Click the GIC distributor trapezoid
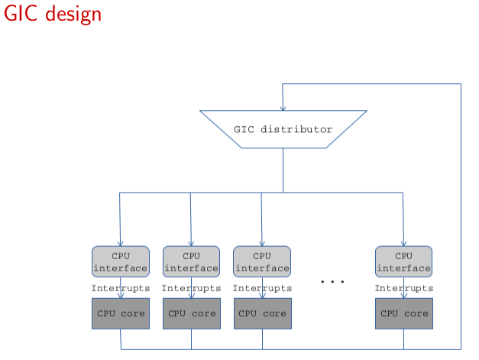pyautogui.click(x=283, y=129)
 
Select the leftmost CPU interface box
pyautogui.click(x=120, y=261)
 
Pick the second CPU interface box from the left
pyautogui.click(x=191, y=261)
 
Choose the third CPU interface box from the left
pyautogui.click(x=262, y=261)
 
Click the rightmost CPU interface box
pyautogui.click(x=403, y=261)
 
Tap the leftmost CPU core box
pyautogui.click(x=120, y=313)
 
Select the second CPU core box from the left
pyautogui.click(x=191, y=313)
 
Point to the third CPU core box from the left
pyautogui.click(x=262, y=313)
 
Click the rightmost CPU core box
pyautogui.click(x=404, y=313)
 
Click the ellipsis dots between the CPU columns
pyautogui.click(x=333, y=282)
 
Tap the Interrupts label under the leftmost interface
pyautogui.click(x=120, y=288)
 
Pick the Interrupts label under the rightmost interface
pyautogui.click(x=403, y=288)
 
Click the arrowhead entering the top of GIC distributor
pyautogui.click(x=283, y=107)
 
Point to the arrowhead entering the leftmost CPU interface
pyautogui.click(x=120, y=242)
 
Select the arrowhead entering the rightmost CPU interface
pyautogui.click(x=403, y=242)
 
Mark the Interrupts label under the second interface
pyautogui.click(x=191, y=288)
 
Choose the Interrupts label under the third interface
pyautogui.click(x=262, y=288)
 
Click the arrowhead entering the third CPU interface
pyautogui.click(x=262, y=242)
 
